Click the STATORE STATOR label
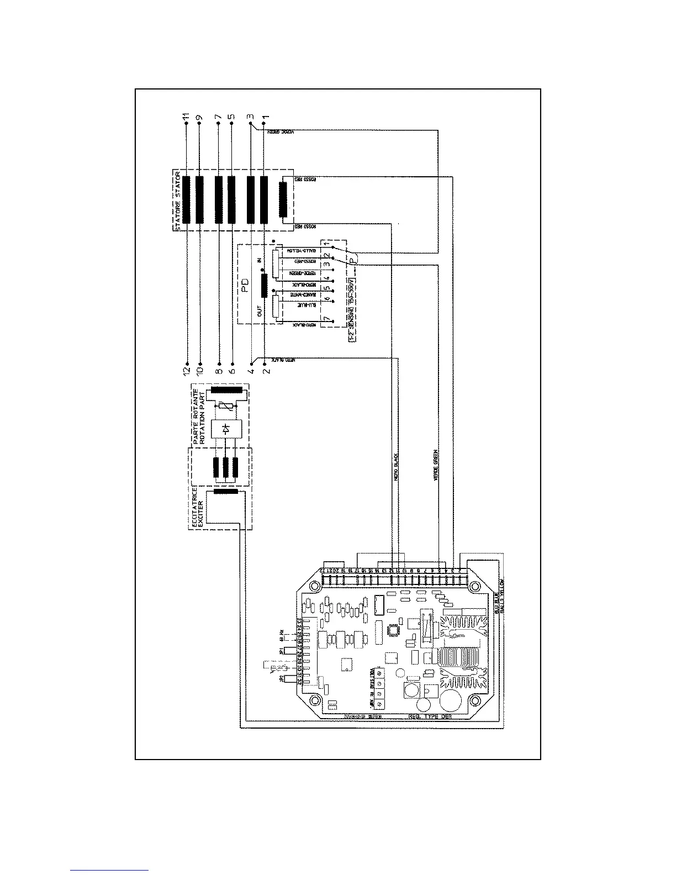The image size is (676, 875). (x=178, y=202)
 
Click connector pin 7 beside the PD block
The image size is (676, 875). (x=327, y=319)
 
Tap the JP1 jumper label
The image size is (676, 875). (x=281, y=652)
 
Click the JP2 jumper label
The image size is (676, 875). (x=281, y=678)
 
